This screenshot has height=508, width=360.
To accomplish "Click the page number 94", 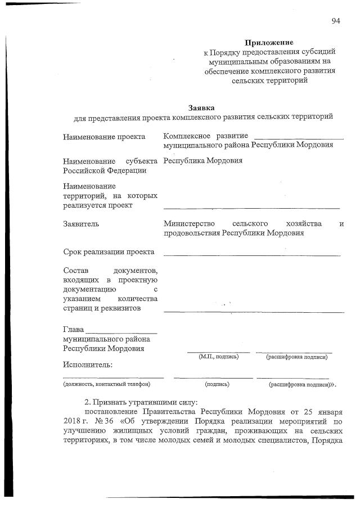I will coord(336,21).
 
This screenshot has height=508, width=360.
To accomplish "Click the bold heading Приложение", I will coord(269,43).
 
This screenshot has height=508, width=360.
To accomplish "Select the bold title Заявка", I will coord(201,107).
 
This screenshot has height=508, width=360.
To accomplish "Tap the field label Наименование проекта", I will coord(104,137).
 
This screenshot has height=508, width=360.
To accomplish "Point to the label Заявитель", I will coord(81,224).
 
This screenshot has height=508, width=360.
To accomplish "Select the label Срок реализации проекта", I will coord(109,252).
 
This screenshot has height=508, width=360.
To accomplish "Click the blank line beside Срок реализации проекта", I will coord(251,255).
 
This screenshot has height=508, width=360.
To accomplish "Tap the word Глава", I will coord(73,329).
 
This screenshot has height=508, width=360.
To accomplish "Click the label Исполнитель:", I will coord(88,365).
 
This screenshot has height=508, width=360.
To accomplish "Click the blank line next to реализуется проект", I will coord(251,209).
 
